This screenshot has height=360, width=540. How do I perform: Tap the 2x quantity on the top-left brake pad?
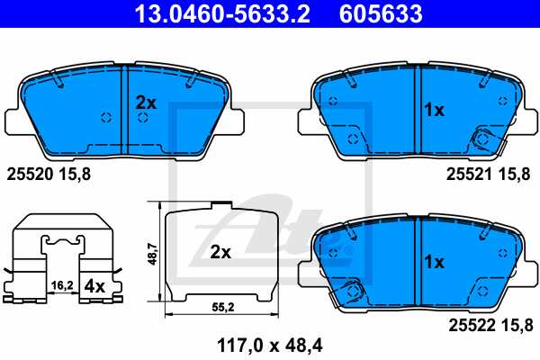coord(146,103)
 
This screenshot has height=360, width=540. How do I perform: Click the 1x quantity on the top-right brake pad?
coord(434,110)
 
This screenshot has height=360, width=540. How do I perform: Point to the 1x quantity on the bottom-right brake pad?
coord(434,262)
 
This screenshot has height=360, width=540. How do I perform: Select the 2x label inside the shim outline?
coord(220,253)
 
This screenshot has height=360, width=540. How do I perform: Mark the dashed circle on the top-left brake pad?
coord(105,118)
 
